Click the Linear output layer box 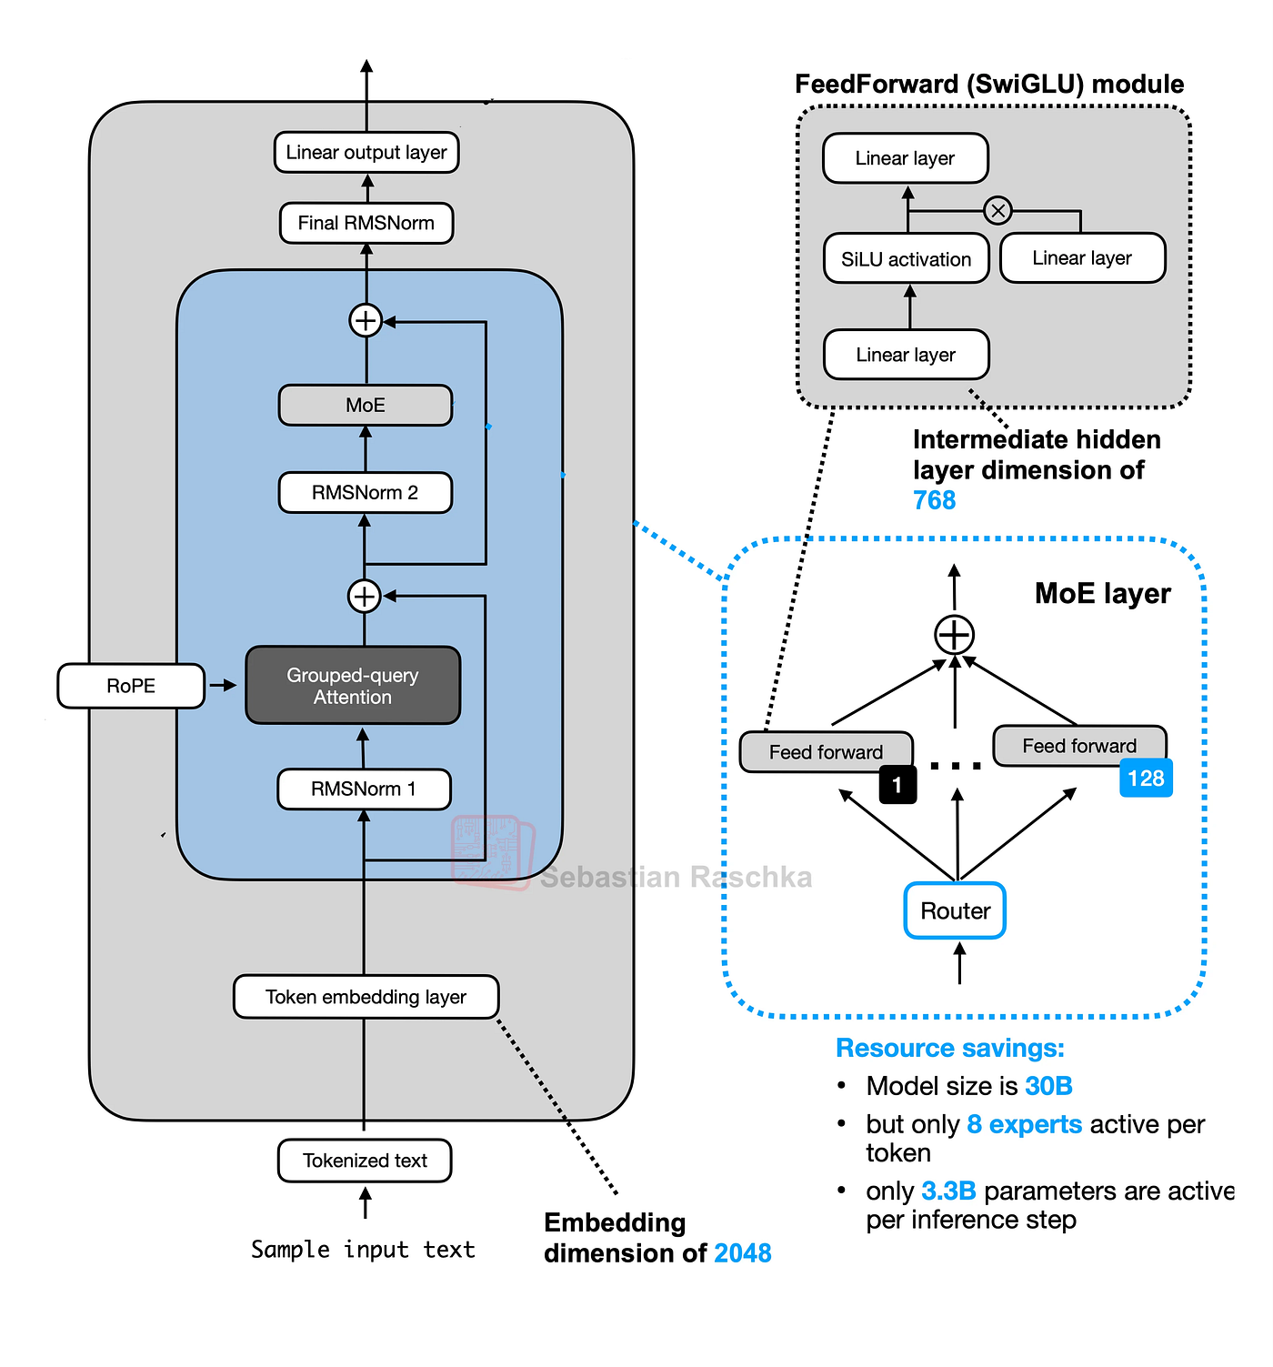(x=366, y=152)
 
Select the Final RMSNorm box (x=366, y=223)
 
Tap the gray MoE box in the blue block (x=365, y=405)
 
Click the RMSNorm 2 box (x=365, y=492)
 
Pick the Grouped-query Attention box (x=353, y=685)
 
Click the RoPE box (x=131, y=686)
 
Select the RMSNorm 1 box (x=364, y=789)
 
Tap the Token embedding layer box (x=366, y=996)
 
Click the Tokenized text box (x=365, y=1161)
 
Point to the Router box (x=954, y=910)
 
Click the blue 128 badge (x=1146, y=778)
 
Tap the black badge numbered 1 (x=897, y=785)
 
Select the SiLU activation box (x=906, y=259)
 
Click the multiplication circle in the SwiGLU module (x=997, y=210)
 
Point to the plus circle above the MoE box (x=366, y=321)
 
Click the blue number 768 (x=934, y=500)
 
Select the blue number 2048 (x=742, y=1252)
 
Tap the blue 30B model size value (x=1048, y=1085)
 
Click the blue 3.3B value (x=948, y=1191)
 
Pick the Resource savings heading (x=949, y=1048)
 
